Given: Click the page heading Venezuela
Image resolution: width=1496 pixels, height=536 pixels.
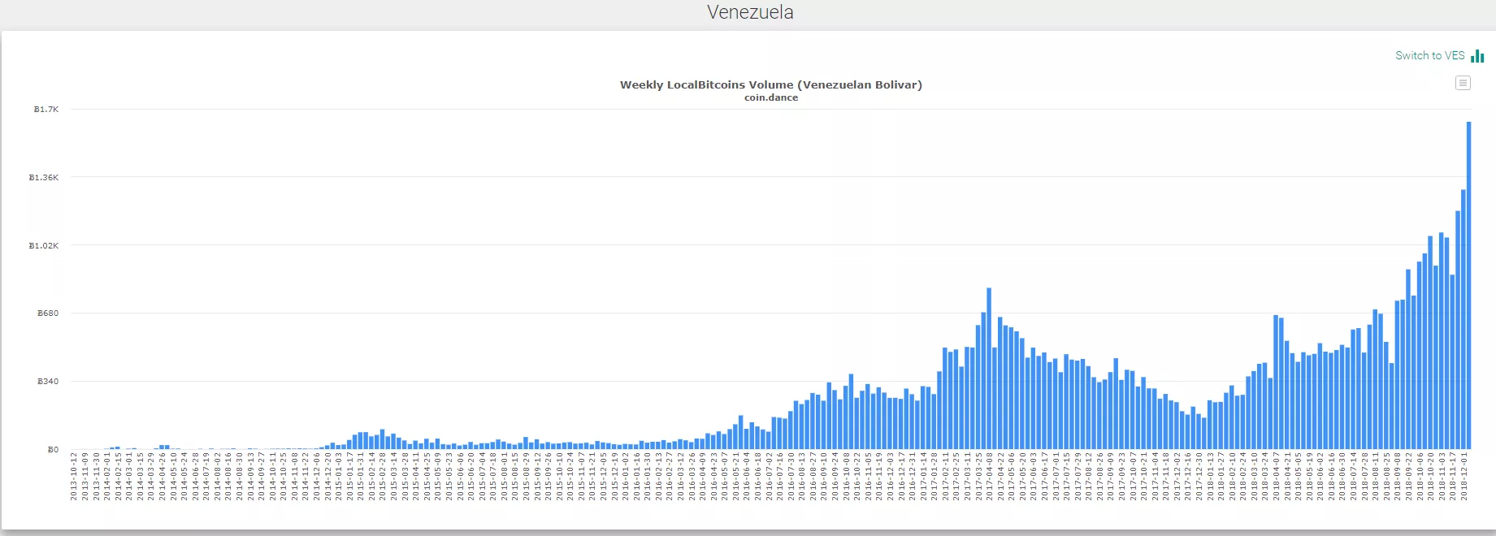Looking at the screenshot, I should (x=749, y=12).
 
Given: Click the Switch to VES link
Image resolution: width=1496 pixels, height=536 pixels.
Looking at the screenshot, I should (x=1429, y=55).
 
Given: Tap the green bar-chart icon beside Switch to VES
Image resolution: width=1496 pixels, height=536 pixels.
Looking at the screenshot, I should (x=1477, y=55).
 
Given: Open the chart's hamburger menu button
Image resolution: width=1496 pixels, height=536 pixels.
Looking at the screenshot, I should (x=1463, y=83).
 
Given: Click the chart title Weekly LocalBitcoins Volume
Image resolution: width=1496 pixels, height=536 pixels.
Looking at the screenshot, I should (x=770, y=84).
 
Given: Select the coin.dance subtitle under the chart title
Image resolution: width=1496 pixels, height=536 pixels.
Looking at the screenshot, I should (x=770, y=97).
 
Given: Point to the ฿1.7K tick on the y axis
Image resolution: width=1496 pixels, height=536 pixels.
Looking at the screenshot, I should (x=46, y=109).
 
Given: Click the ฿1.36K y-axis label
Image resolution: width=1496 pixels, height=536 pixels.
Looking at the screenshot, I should (x=44, y=177).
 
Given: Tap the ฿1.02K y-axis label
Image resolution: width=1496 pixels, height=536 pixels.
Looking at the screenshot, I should (x=44, y=245).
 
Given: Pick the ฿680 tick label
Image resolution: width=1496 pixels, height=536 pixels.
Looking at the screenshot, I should (x=48, y=313).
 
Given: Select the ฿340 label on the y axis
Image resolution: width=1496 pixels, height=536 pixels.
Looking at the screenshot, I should (x=48, y=381).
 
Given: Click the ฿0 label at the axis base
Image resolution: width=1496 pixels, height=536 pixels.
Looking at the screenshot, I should (x=53, y=449).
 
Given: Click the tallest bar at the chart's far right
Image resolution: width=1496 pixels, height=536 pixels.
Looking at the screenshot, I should (x=1468, y=284).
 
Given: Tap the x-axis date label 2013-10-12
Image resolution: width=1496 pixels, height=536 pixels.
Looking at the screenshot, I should (x=74, y=477).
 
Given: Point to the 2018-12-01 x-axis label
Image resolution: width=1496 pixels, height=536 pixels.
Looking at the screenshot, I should (x=1464, y=477).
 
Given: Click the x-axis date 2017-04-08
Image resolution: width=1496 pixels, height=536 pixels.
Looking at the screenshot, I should (x=990, y=477).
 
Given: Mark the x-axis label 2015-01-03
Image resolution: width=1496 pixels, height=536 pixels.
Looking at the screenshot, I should (x=339, y=477).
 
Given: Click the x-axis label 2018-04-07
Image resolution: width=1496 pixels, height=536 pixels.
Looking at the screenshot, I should (x=1277, y=477).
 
